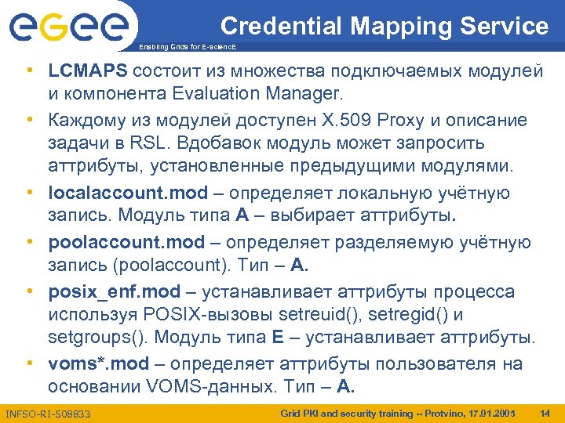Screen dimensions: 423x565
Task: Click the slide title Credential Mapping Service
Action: pos(385,26)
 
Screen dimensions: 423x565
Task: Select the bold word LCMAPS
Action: pos(88,70)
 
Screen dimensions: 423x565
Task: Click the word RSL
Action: pos(146,144)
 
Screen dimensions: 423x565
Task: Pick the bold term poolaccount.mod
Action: pos(126,242)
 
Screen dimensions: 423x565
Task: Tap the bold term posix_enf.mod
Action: pos(115,291)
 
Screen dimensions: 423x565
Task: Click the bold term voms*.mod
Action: pos(98,363)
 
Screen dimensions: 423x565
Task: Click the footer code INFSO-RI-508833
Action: pos(48,412)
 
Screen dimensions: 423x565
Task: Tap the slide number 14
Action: pos(545,412)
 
